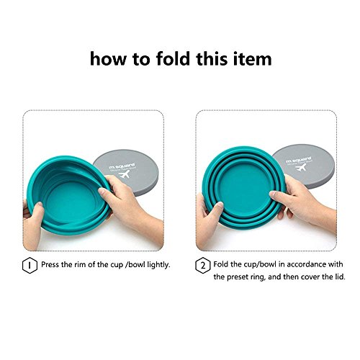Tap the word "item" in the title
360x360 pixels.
tap(251, 59)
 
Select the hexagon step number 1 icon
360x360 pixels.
tap(30, 264)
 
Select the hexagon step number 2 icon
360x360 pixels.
tap(203, 264)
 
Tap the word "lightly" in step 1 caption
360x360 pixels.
tap(156, 264)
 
